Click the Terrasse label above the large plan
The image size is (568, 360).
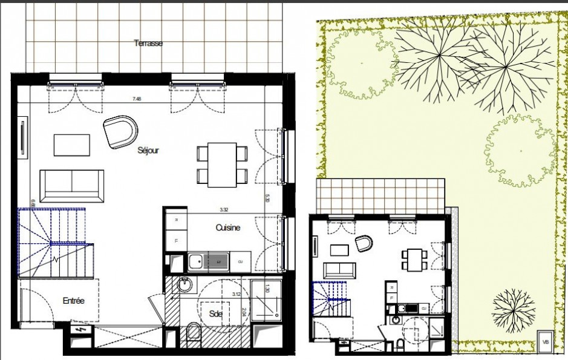tap(148, 43)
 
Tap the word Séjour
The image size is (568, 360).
tap(148, 150)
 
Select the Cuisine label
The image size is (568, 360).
tap(228, 227)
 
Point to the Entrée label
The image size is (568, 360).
tap(73, 300)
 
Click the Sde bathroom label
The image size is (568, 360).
tap(216, 313)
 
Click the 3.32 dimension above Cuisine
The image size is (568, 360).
tap(223, 210)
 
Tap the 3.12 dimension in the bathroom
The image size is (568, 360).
tap(238, 294)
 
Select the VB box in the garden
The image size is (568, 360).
tap(546, 341)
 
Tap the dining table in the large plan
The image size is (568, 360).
tap(222, 165)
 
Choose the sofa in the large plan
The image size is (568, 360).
tap(71, 185)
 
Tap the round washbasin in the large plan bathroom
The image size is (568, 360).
tap(184, 284)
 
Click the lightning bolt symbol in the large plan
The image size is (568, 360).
tap(80, 330)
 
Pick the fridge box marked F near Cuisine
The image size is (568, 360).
tap(176, 240)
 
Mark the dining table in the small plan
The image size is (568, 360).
tap(414, 259)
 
